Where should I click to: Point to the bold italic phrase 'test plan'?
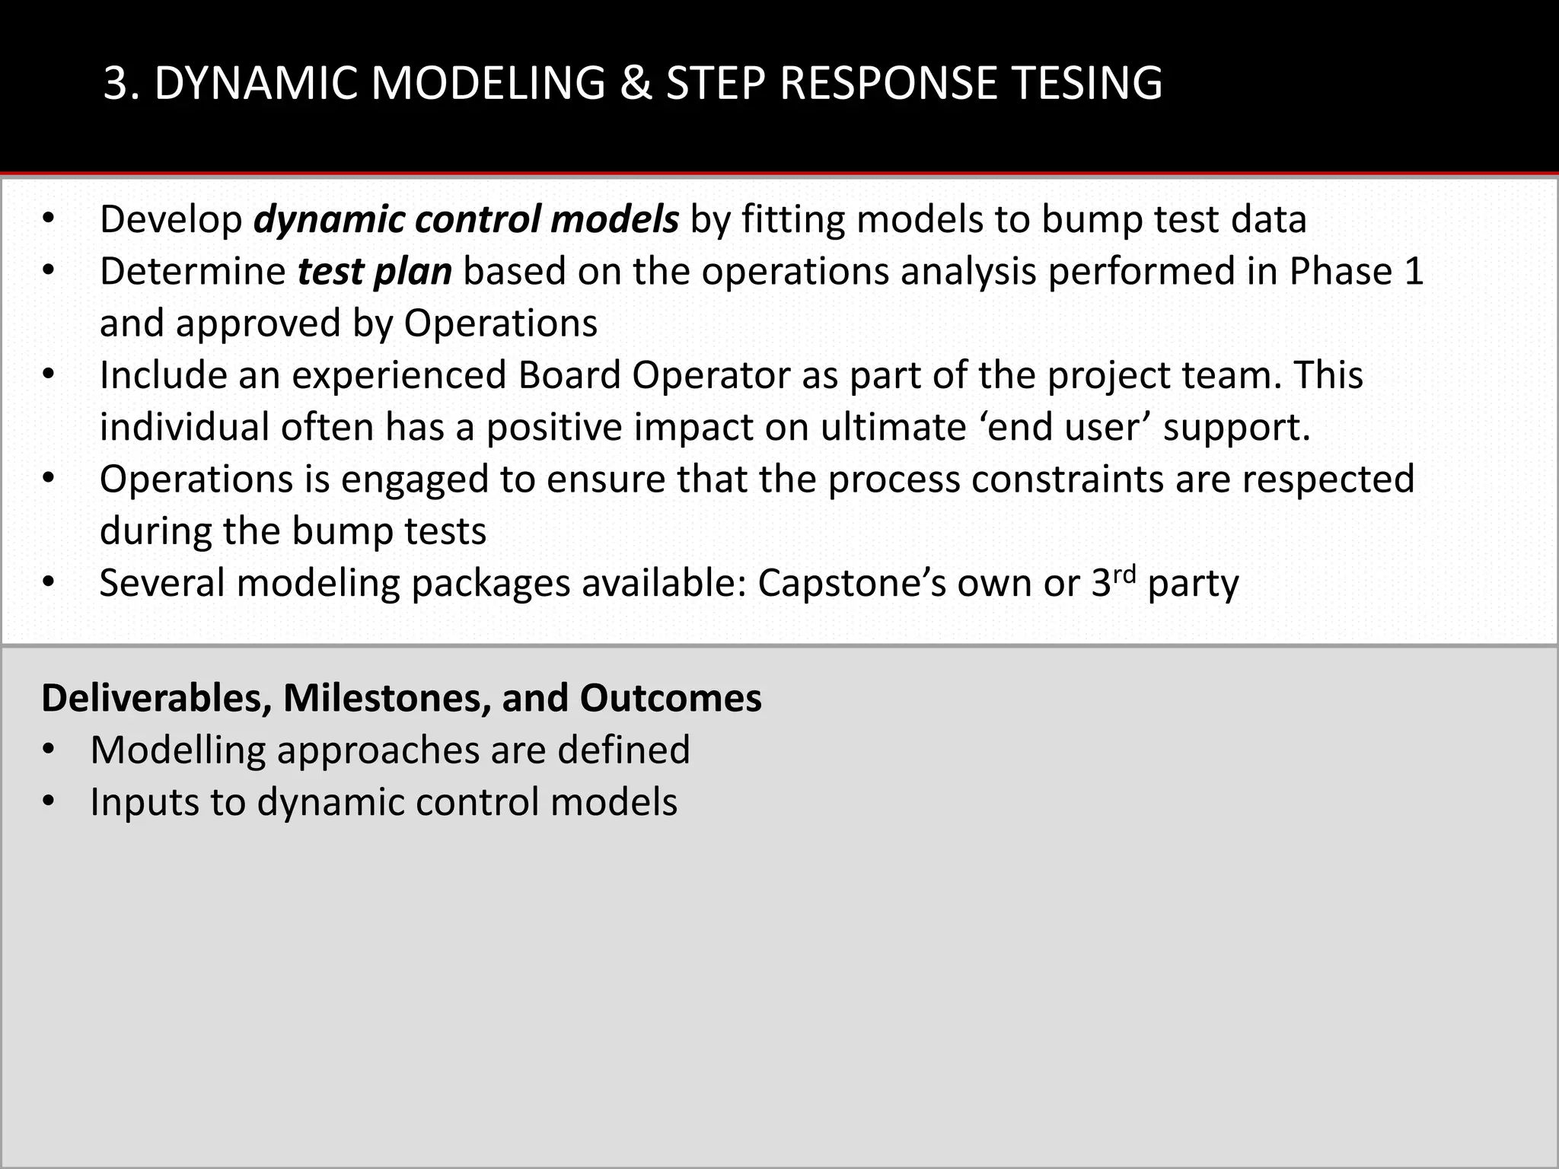[375, 272]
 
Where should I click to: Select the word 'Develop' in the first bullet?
[171, 220]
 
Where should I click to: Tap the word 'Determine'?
[193, 272]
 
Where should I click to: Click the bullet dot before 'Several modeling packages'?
[49, 584]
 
